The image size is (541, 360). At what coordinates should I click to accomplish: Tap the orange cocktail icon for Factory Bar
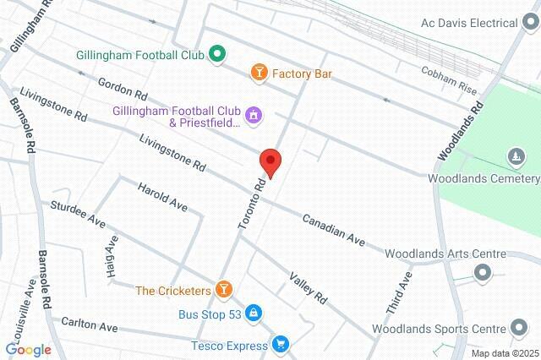point(259,74)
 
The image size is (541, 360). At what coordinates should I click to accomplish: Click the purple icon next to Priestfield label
point(252,114)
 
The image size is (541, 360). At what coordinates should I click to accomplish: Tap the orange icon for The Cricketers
point(223,291)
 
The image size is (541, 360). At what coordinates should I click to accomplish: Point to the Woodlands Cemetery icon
point(516,156)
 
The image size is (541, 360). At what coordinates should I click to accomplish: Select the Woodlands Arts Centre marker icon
point(483,272)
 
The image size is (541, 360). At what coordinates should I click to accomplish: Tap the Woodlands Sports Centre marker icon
point(517,329)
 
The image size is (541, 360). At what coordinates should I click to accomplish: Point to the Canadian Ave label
point(335,231)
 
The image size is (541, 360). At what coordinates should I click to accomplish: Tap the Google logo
point(28,350)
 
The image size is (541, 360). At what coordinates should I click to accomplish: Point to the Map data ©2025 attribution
point(504,353)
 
